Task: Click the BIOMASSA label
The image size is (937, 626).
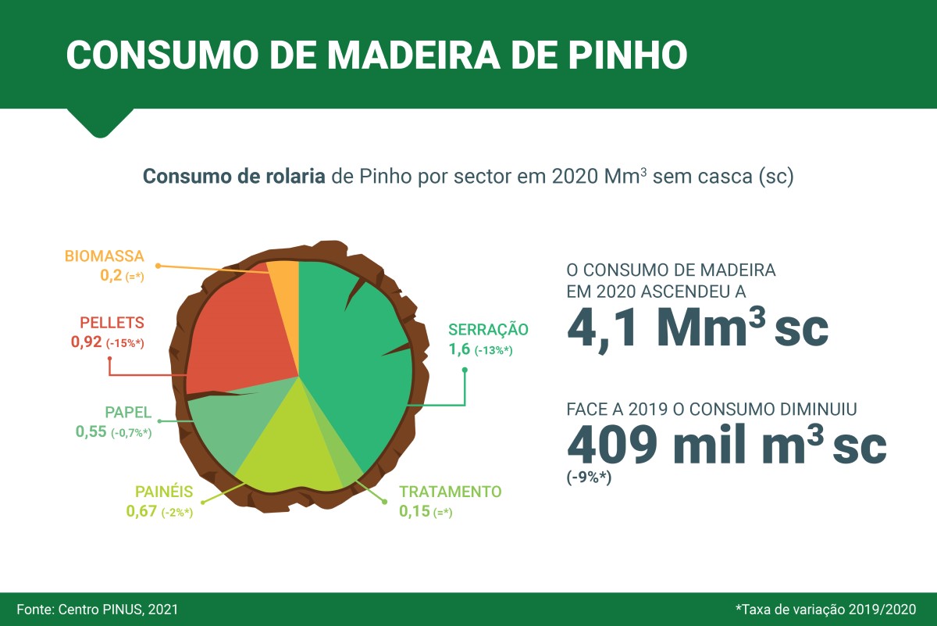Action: point(104,256)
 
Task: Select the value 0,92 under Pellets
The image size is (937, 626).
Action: point(86,342)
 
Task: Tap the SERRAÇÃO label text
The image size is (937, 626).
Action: point(488,330)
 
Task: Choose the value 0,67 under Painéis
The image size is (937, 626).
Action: point(141,511)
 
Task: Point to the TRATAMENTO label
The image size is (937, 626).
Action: point(450,492)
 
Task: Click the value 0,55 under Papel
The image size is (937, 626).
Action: point(91,431)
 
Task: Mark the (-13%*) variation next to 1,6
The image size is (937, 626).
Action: point(493,350)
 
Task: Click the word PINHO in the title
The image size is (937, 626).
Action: point(628,55)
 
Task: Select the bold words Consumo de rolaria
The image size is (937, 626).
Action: point(233,177)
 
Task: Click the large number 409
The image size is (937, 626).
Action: point(612,445)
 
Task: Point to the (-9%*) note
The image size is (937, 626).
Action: point(589,478)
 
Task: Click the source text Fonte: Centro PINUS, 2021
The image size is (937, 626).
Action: point(98,610)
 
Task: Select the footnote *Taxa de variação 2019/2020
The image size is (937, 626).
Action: point(826,610)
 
